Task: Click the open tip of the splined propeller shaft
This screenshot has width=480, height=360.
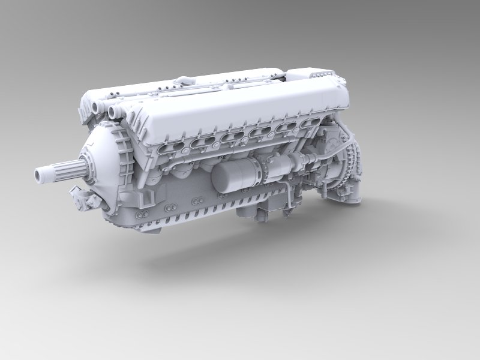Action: pos(41,175)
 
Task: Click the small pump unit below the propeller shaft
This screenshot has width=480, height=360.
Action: pos(84,199)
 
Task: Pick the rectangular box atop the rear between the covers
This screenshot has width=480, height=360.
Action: pos(312,74)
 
